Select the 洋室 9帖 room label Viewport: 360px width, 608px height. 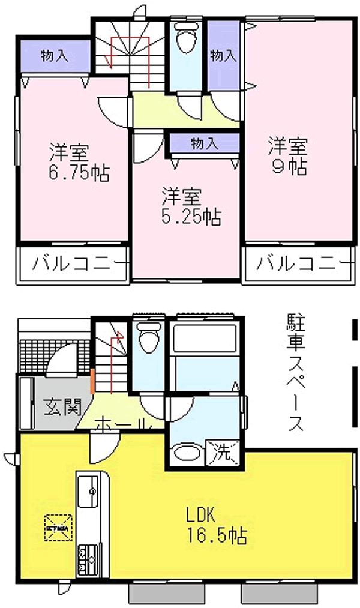point(288,155)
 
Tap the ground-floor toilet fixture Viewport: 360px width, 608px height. point(147,339)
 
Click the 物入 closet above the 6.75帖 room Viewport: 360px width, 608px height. point(54,56)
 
